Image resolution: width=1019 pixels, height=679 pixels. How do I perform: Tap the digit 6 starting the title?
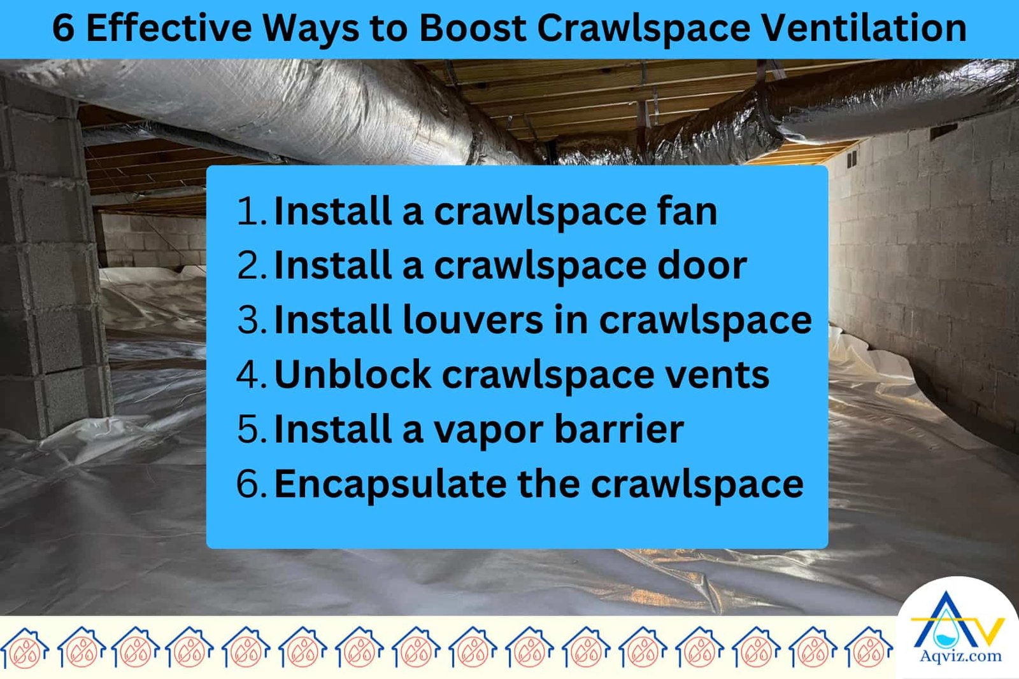(x=63, y=29)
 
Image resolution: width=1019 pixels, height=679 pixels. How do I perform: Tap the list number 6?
(x=248, y=484)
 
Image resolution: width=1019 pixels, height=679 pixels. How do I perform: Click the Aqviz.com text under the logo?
(x=960, y=656)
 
